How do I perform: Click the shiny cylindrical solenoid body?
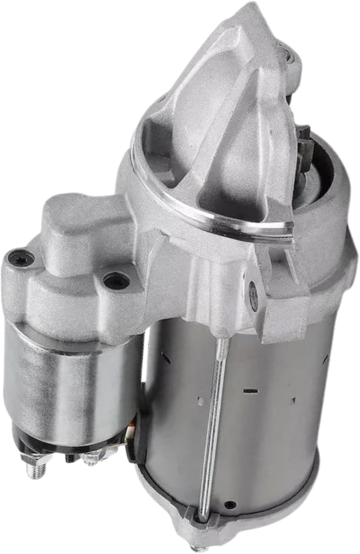click(x=67, y=373)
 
